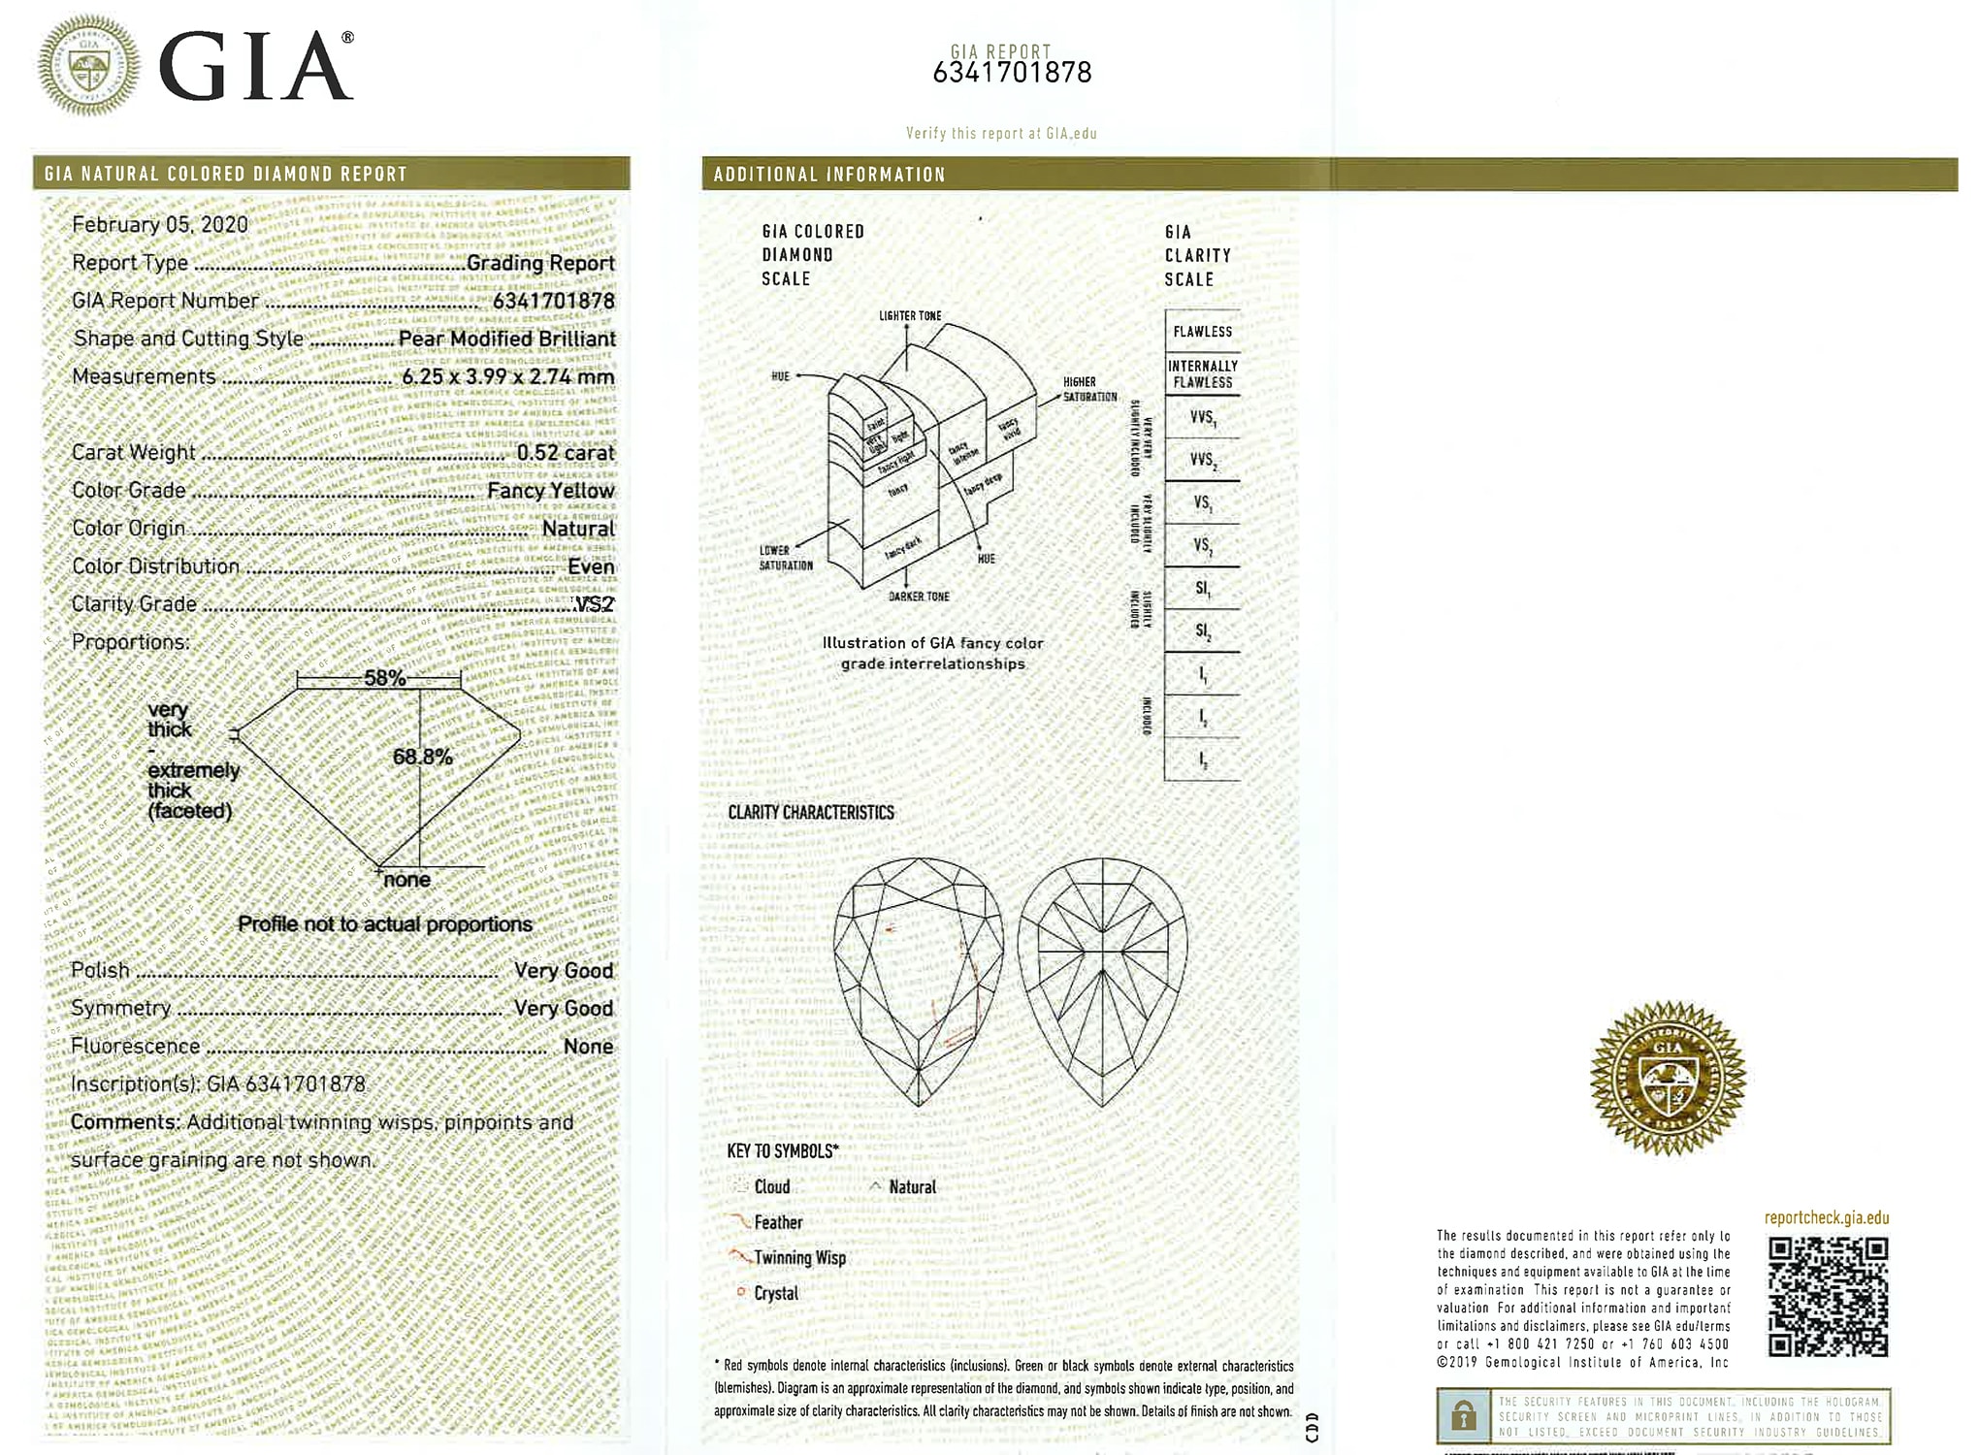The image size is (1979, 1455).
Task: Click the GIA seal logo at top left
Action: [87, 66]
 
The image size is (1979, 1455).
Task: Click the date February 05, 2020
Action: [160, 225]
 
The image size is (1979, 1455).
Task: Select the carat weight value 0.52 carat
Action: [566, 453]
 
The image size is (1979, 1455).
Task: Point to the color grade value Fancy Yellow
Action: [550, 491]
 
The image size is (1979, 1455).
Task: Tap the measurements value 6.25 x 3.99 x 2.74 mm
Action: [507, 376]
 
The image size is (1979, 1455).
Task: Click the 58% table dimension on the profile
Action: [384, 678]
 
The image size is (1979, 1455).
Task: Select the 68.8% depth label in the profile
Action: [422, 757]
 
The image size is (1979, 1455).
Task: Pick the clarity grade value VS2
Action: [595, 604]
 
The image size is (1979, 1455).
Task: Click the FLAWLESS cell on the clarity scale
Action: [1202, 332]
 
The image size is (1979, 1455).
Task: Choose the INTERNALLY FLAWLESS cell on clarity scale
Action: [1202, 373]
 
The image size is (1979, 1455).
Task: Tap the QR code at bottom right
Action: [1828, 1297]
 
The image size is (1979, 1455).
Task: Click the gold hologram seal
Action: [1668, 1078]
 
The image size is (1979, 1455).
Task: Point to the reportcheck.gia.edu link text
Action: [1826, 1218]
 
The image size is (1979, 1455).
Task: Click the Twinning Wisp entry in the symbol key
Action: [799, 1258]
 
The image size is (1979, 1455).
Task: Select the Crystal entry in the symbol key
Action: [776, 1294]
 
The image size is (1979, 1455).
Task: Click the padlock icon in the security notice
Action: [1463, 1416]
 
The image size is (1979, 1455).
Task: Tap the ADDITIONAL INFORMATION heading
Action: [829, 175]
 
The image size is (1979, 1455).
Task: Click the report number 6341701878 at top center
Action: [1012, 73]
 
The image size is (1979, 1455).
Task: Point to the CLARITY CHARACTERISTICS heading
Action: [811, 813]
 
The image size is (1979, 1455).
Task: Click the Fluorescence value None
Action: [588, 1047]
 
